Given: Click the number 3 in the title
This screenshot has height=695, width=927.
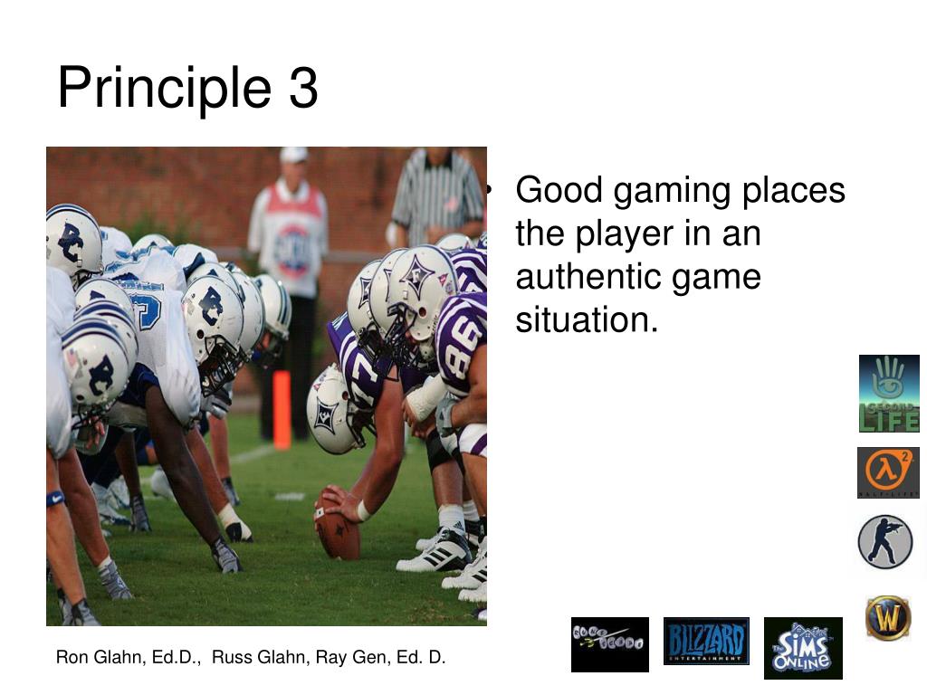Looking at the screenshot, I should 303,89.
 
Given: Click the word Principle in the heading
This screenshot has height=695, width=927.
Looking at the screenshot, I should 164,89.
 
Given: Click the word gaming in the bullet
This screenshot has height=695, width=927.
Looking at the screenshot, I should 672,191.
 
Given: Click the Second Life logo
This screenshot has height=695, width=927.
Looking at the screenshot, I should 888,393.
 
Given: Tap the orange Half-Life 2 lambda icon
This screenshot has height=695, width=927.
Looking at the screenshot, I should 888,471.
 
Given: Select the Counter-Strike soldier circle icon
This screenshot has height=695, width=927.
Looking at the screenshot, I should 884,541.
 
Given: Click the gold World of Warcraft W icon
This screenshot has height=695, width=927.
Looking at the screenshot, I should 888,618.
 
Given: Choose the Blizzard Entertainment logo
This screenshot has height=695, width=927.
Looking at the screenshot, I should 706,642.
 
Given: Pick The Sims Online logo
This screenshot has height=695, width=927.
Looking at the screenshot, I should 802,648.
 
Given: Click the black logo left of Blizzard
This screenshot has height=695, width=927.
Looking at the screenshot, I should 609,643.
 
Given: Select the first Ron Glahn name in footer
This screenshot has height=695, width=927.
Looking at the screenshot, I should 100,657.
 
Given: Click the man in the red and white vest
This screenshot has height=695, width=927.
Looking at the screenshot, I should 289,235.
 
